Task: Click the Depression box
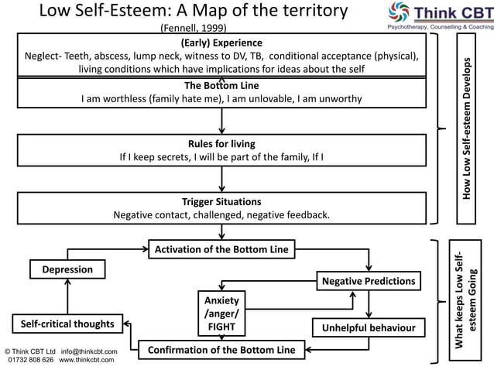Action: [67, 269]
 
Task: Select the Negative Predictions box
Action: [369, 281]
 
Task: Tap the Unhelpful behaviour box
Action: [369, 327]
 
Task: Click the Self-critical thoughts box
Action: [67, 324]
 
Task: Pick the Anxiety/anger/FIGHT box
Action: [221, 313]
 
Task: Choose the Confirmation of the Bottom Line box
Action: [221, 350]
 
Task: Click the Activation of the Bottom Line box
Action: [221, 249]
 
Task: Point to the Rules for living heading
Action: [221, 144]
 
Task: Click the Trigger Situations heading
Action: [221, 202]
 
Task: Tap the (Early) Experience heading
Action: [221, 43]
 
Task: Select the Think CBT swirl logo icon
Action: [399, 12]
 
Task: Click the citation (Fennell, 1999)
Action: [194, 28]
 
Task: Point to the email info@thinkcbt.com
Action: [89, 351]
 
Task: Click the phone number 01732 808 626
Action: [31, 360]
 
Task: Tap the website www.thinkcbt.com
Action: [87, 360]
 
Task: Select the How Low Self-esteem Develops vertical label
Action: [466, 128]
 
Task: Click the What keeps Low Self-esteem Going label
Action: [465, 300]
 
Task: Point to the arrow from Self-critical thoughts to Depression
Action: [67, 296]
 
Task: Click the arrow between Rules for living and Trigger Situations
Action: [221, 179]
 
